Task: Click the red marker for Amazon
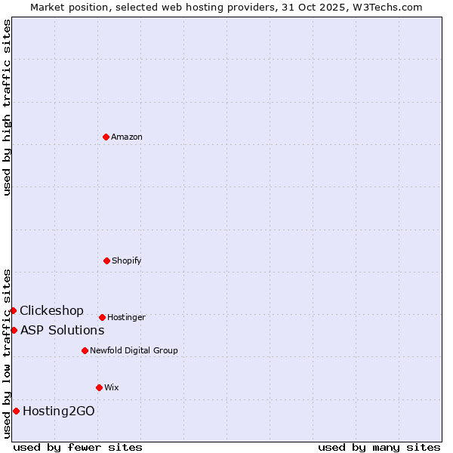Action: (106, 137)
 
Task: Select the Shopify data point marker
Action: (106, 260)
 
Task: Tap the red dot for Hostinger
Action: (102, 317)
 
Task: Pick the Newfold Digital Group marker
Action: (85, 350)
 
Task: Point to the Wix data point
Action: (99, 387)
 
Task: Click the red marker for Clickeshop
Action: (13, 310)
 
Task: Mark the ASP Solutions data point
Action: (14, 330)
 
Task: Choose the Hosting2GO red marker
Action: (16, 411)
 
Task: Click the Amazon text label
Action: (127, 137)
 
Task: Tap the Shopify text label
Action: (127, 260)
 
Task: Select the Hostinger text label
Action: (126, 317)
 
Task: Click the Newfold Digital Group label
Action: (134, 350)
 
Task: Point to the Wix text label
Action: (112, 387)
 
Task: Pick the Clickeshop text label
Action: (51, 310)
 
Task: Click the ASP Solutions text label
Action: (62, 330)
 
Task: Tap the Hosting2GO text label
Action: (59, 411)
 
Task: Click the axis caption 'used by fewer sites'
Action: (78, 447)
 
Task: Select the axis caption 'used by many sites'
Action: (379, 447)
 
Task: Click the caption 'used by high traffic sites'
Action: (7, 107)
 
